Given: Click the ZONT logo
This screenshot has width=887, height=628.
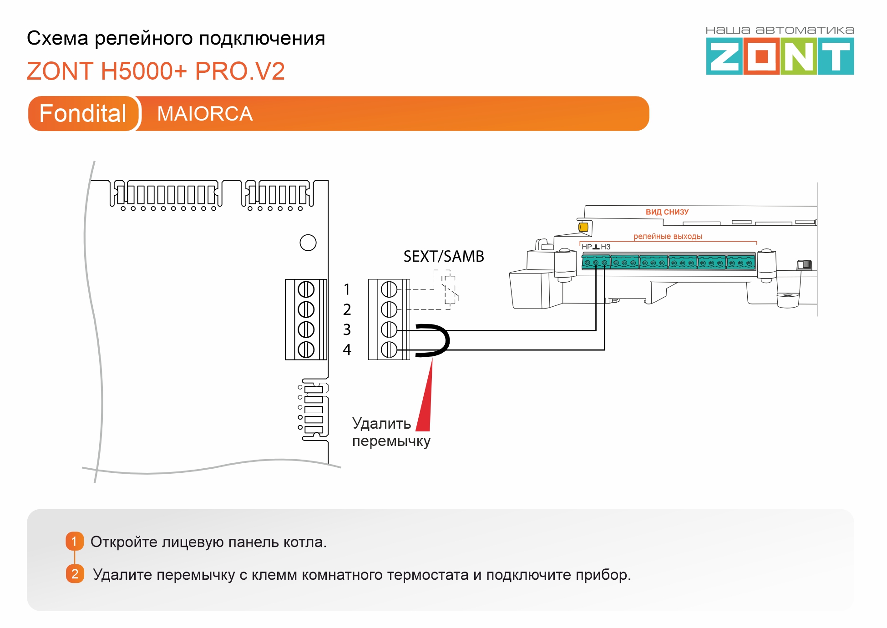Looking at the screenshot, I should coord(780,56).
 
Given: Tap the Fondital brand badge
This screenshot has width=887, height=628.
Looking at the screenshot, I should coord(83,113).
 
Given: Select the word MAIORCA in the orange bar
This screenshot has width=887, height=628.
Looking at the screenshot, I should coord(205,114).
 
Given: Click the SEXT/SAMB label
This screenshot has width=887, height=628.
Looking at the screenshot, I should coord(443,256).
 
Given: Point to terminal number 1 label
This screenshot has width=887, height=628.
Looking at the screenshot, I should coord(347,289).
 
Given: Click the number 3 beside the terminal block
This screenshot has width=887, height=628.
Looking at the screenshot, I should coord(347,329).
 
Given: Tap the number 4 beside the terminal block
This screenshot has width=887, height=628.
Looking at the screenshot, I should coord(347,349).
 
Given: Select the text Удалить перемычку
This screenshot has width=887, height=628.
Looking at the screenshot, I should coord(390,432).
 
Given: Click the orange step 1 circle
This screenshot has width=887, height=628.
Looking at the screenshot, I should coord(75,541).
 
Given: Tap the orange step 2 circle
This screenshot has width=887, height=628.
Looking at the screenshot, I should coord(75,574).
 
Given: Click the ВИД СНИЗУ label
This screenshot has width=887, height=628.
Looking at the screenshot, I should coord(667,212).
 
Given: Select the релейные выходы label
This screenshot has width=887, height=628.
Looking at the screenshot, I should coord(668,236).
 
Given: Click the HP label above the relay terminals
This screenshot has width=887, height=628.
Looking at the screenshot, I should coord(587,247).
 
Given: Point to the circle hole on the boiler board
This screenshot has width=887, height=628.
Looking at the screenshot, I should coord(308,243).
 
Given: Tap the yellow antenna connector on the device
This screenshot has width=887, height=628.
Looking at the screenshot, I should coord(583,227).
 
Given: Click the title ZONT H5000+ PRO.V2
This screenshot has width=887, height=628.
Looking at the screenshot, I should coord(156,71).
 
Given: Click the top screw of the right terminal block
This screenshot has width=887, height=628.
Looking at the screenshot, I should coord(389,289).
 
